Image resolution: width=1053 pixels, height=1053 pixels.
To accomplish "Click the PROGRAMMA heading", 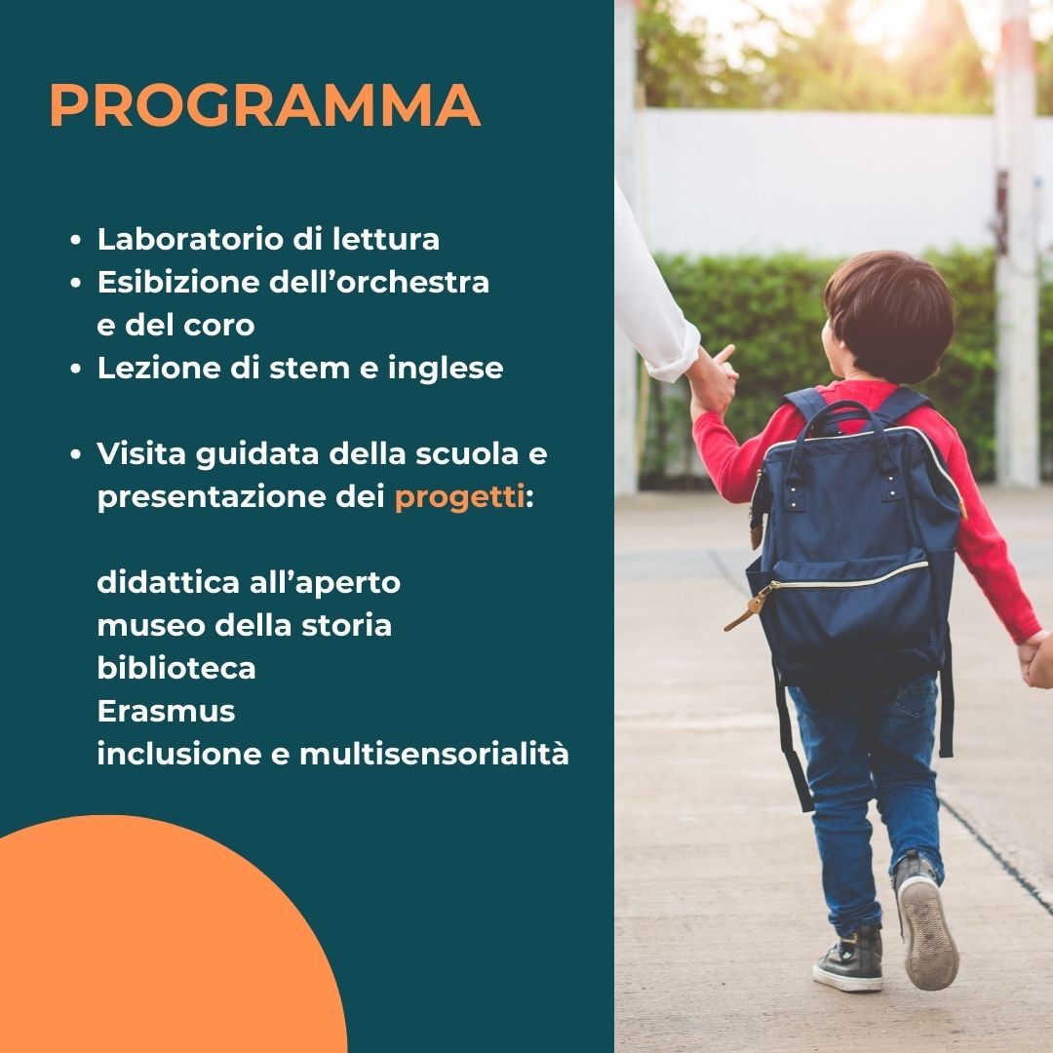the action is (x=264, y=105).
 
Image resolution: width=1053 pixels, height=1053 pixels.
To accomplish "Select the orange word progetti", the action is (x=459, y=498).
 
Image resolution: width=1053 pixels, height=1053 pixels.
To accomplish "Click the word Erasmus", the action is (x=166, y=711).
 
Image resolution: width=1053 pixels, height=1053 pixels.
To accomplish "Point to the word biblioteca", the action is (x=175, y=668).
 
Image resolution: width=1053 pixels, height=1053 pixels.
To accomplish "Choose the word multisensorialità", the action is (x=434, y=753).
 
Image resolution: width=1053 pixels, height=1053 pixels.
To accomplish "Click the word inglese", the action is (x=446, y=369).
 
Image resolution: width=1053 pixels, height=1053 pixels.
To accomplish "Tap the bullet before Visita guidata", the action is (x=76, y=455).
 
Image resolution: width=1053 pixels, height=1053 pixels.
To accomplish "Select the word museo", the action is (x=151, y=626).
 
